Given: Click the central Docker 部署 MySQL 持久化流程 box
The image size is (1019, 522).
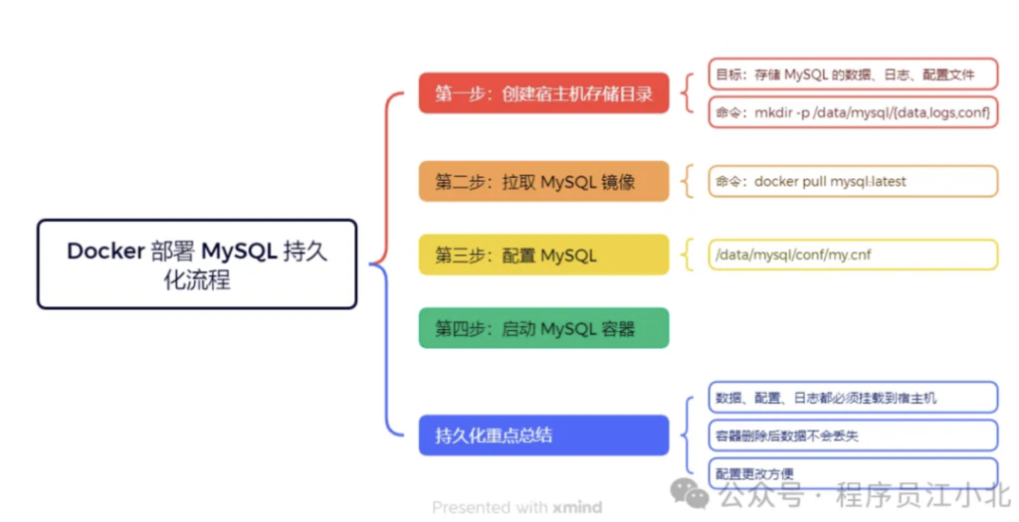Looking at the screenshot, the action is [197, 263].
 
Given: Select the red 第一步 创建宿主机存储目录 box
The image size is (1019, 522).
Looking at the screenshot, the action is [543, 92].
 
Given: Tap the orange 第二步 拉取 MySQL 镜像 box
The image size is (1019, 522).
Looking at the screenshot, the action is [543, 181].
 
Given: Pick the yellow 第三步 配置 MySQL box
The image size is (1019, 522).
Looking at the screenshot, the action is [543, 255].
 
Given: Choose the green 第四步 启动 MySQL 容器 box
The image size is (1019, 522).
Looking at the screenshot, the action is [543, 328].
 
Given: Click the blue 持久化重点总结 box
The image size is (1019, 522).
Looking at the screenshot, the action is [543, 435].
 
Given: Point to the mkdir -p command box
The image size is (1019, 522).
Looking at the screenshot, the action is [853, 112].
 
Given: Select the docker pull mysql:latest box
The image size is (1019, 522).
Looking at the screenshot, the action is [853, 181].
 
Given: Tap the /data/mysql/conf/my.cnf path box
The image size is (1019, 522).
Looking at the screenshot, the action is [853, 255].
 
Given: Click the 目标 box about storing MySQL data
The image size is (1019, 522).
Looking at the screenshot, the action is [853, 74].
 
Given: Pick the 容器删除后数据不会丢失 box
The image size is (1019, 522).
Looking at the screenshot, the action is [853, 435].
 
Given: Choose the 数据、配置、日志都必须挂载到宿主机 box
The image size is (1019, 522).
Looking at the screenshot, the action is [853, 398].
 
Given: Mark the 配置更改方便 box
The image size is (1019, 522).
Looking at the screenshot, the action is [853, 473].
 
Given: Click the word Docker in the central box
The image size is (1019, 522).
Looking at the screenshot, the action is [105, 251].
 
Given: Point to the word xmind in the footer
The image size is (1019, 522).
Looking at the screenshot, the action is [577, 507].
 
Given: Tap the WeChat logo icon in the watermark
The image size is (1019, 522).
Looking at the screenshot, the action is [690, 493].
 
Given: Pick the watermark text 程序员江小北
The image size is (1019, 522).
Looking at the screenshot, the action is [922, 495].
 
